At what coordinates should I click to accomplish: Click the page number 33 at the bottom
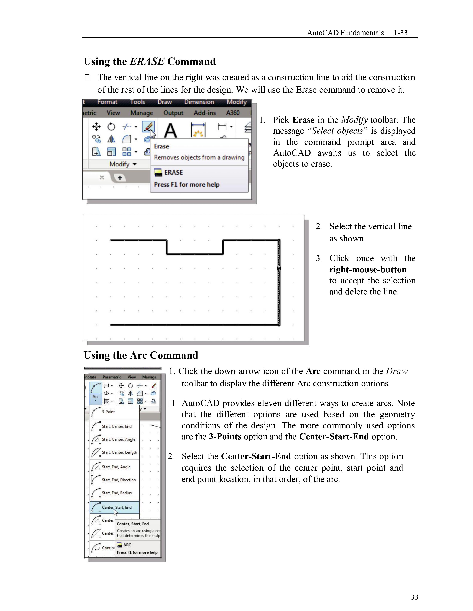click(414, 597)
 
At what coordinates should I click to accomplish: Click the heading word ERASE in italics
click(147, 61)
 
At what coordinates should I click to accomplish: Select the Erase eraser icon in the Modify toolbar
click(148, 126)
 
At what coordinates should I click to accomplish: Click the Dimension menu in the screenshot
click(199, 102)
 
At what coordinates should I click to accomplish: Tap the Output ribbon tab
click(173, 113)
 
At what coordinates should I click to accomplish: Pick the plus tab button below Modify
click(120, 178)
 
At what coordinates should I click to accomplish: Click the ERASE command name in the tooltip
click(173, 172)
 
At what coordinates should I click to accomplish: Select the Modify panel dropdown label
click(122, 164)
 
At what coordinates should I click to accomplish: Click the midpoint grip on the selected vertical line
click(279, 268)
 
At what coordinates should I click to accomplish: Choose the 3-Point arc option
click(108, 412)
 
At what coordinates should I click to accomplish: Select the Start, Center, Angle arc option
click(118, 439)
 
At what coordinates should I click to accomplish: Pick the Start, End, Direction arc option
click(119, 480)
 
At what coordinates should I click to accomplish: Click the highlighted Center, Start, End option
click(116, 507)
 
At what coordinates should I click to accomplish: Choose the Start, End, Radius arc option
click(116, 493)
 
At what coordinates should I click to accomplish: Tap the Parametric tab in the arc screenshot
click(112, 377)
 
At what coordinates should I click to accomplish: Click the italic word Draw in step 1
click(397, 371)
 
